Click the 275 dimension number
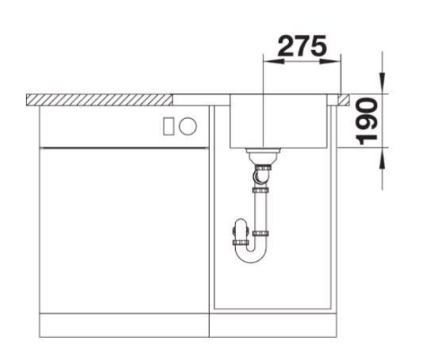[x=302, y=46]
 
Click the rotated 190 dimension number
[x=367, y=121]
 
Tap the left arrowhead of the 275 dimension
[x=274, y=62]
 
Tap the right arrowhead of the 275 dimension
[x=330, y=62]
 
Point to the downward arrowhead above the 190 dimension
[x=382, y=83]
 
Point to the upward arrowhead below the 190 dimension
[x=382, y=159]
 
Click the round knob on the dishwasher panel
[x=187, y=126]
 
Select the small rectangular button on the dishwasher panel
[x=169, y=126]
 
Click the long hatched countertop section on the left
[x=99, y=100]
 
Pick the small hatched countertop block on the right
[x=344, y=100]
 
